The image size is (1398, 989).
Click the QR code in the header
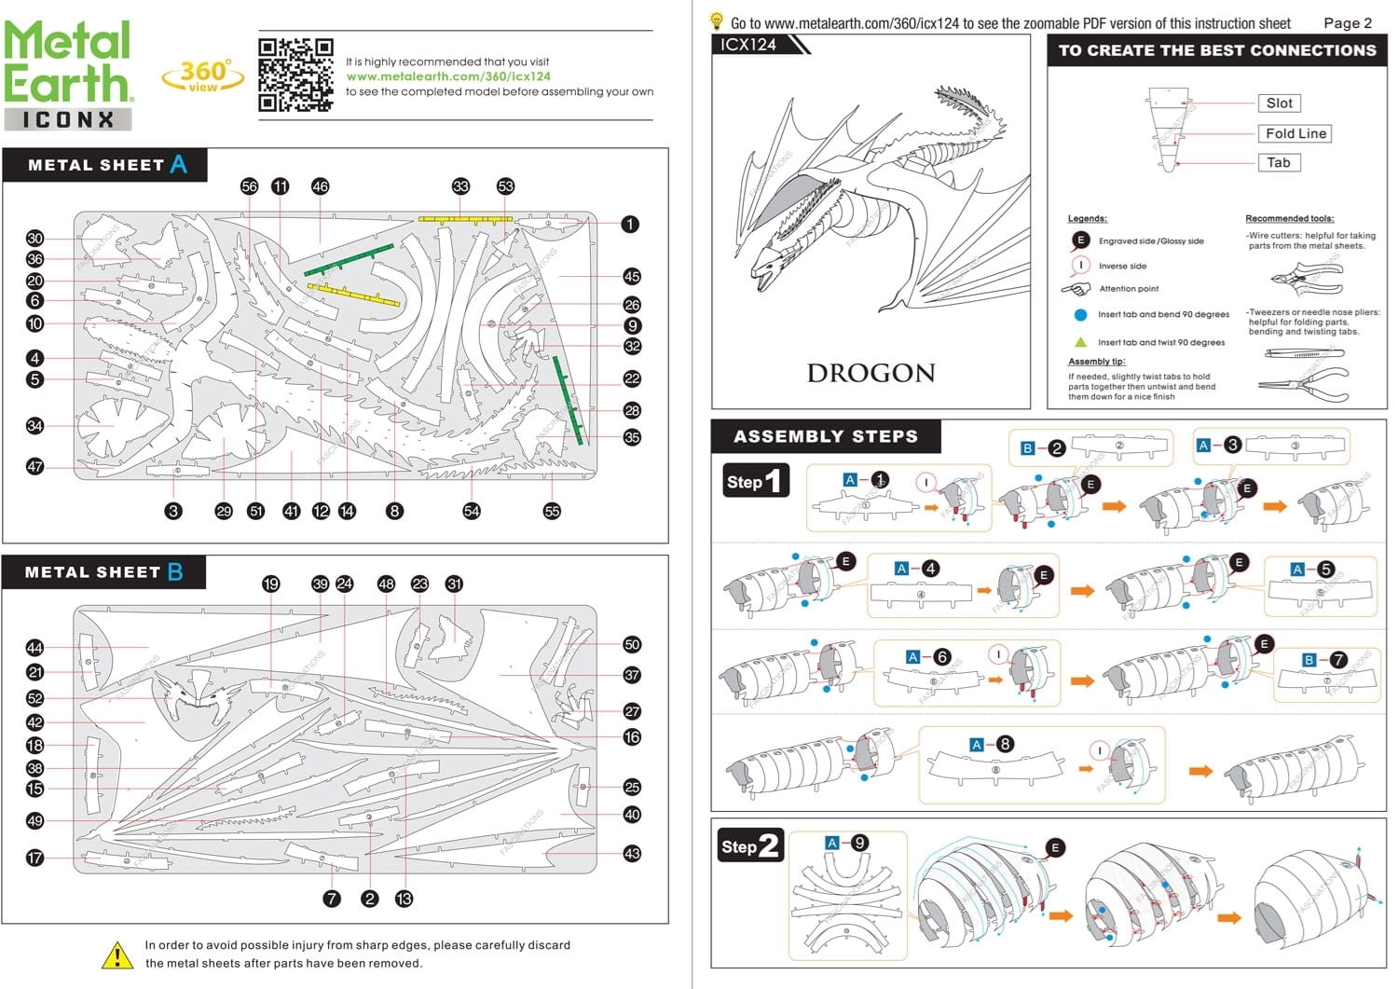[295, 75]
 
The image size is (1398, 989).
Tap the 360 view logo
[203, 76]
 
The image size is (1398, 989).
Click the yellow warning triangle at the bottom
[117, 955]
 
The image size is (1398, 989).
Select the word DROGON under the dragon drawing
[870, 373]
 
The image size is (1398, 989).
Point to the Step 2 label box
[749, 846]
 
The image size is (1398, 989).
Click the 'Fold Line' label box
[1295, 133]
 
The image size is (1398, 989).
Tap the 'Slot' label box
[1279, 103]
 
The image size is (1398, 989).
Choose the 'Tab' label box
[1278, 162]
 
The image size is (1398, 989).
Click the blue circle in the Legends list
[1080, 315]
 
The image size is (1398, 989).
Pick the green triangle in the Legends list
[1080, 342]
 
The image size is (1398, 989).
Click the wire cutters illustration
[1307, 276]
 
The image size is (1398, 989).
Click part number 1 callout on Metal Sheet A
[630, 224]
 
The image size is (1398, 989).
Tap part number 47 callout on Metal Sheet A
[35, 466]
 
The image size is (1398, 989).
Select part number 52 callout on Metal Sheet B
[35, 698]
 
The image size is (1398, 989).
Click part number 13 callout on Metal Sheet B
[404, 899]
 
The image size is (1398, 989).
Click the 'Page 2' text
[1347, 23]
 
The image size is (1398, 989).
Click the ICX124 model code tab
[750, 45]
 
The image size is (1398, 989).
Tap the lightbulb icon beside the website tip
[717, 21]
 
